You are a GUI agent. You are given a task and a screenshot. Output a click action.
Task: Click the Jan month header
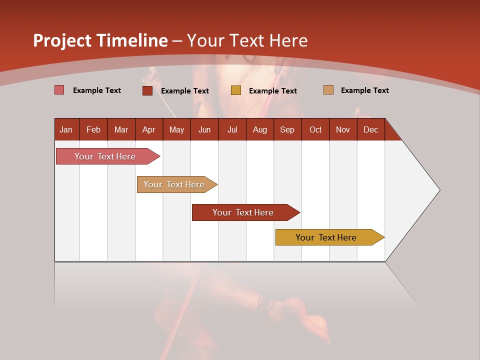point(66,129)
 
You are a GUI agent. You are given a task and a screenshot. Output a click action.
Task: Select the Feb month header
point(93,129)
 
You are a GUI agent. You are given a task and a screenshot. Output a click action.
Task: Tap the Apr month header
point(148,129)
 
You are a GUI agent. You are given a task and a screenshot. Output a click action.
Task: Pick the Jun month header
point(204,129)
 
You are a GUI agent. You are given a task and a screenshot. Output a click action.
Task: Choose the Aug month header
point(259,129)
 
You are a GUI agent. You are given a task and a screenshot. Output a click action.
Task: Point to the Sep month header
point(287,129)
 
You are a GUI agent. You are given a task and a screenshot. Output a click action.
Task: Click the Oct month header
point(315,129)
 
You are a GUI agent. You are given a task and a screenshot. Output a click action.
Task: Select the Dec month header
point(370,129)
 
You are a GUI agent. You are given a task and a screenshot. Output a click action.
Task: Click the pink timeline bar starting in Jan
point(105,156)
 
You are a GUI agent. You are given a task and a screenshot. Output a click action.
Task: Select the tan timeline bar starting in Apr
point(174,184)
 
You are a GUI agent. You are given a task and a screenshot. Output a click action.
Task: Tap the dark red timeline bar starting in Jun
point(243,212)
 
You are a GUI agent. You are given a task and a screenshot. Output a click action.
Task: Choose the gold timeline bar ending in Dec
point(326,237)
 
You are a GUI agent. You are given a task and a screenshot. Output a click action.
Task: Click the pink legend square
point(59,90)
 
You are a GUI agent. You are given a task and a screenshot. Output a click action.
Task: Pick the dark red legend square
point(147,90)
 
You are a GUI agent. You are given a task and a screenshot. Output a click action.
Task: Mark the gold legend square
point(236,90)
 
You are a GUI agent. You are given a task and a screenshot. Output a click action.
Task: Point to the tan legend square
point(328,90)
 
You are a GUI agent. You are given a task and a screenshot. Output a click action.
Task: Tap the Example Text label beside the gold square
point(273,90)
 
